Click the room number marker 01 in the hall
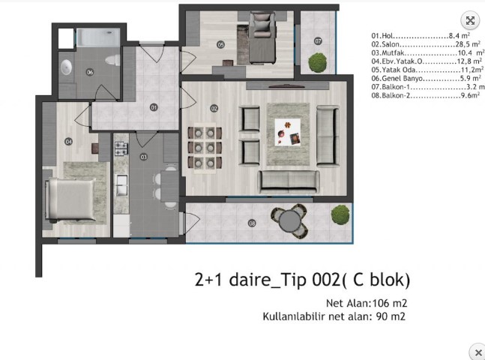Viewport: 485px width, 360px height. tap(154, 107)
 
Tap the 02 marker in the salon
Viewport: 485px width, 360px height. tap(214, 108)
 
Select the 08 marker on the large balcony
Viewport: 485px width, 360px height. tap(252, 223)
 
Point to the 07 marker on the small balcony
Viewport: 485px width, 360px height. tap(318, 40)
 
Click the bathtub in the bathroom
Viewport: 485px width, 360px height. tap(98, 37)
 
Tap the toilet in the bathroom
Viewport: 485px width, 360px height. tap(112, 60)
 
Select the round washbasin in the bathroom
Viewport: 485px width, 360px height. tap(66, 67)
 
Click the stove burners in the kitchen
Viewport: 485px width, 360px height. tap(121, 148)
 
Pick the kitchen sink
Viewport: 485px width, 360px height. tap(121, 185)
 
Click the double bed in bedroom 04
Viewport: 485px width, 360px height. tap(70, 199)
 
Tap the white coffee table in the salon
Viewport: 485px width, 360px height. tap(288, 132)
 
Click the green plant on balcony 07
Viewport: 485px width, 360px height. tap(318, 62)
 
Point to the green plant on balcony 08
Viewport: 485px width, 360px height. tap(340, 214)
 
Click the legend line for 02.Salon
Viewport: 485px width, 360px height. tap(426, 44)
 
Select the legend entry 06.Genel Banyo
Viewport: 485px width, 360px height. tap(427, 78)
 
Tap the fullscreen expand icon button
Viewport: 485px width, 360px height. tap(470, 20)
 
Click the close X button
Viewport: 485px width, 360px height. tap(478, 352)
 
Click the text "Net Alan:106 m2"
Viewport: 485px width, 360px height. tap(367, 303)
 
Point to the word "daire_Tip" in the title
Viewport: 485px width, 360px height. tap(269, 280)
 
